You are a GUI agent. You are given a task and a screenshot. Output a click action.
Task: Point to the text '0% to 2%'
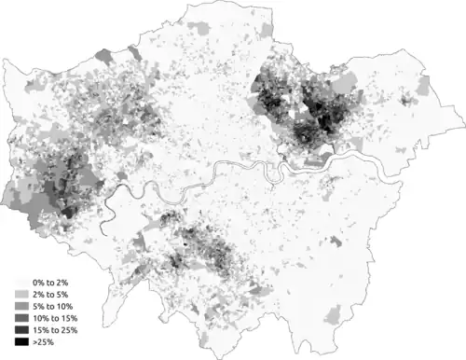pyautogui.click(x=52, y=281)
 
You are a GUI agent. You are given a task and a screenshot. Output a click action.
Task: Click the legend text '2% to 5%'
pyautogui.click(x=52, y=293)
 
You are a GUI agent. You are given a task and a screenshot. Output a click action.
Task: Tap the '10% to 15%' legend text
pyautogui.click(x=57, y=318)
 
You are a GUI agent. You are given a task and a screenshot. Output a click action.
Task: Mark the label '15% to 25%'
pyautogui.click(x=57, y=330)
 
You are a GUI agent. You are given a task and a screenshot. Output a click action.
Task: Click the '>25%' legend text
pyautogui.click(x=45, y=342)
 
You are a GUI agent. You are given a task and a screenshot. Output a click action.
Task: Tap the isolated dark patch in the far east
pyautogui.click(x=405, y=98)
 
